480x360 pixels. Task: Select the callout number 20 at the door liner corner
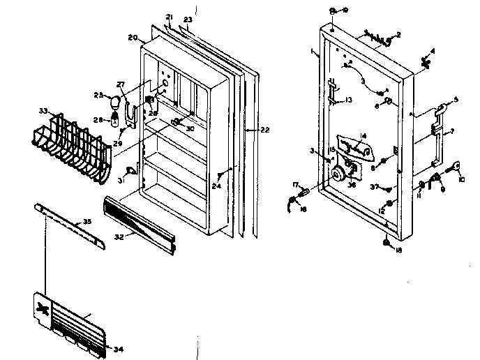tap(133, 37)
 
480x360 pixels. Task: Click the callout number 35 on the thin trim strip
tap(87, 222)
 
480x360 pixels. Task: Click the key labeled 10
tap(458, 165)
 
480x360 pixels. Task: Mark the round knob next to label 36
tap(340, 174)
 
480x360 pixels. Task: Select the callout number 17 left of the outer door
tap(295, 184)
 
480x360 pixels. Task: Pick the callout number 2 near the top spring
tap(398, 34)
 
